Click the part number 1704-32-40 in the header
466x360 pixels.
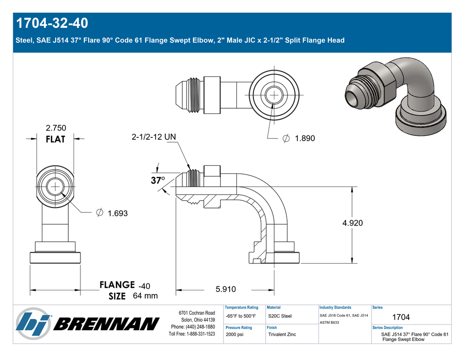click(52, 23)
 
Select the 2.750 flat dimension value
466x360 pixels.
click(56, 128)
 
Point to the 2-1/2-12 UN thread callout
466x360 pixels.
click(154, 137)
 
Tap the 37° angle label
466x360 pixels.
click(157, 180)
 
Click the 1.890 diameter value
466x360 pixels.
click(305, 138)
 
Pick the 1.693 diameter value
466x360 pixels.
click(117, 213)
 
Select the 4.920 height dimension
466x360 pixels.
click(352, 223)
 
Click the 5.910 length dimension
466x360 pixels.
click(226, 289)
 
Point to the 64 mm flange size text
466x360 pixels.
click(145, 296)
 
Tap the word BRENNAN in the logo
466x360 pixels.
click(106, 324)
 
